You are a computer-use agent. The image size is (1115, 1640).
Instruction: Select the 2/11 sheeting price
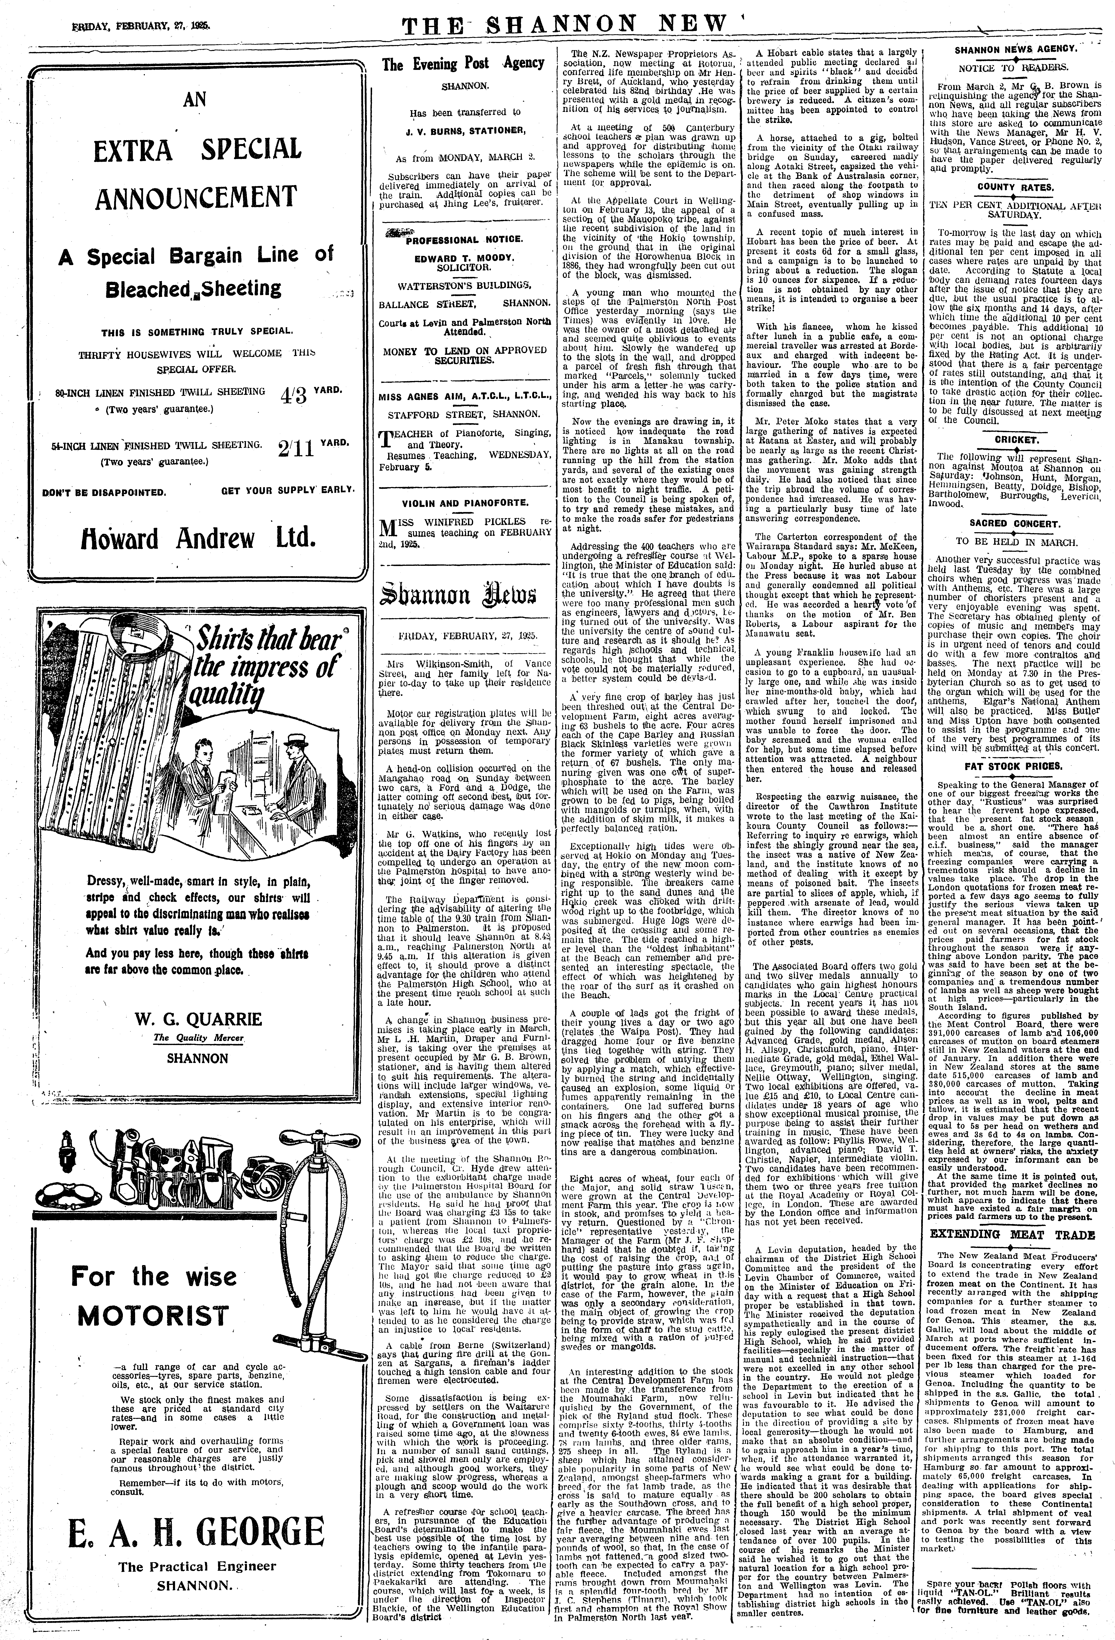(x=295, y=449)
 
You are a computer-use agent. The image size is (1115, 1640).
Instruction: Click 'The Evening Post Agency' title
(x=463, y=64)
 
